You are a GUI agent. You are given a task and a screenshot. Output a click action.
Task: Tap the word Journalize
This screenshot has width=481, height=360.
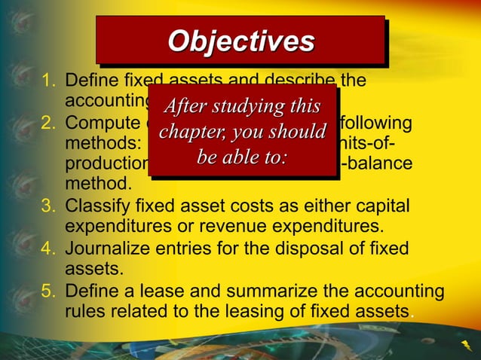(107, 249)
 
